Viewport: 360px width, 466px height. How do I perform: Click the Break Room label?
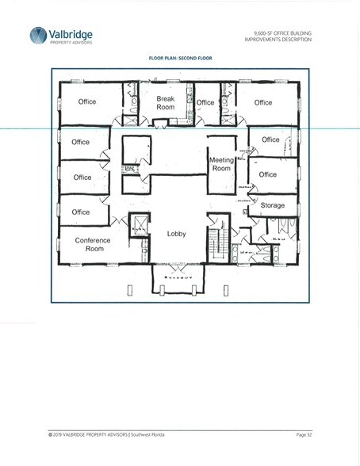point(165,103)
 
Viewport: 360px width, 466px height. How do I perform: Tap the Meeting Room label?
point(221,164)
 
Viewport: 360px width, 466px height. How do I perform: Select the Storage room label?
point(272,205)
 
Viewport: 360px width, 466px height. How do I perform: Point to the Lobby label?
point(176,234)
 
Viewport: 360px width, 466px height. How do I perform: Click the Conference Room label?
point(94,244)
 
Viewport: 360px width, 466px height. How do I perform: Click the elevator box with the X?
point(138,224)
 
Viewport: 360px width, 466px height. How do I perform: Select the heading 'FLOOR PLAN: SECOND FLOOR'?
point(180,58)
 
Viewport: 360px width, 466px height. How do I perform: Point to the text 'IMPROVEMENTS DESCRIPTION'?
point(278,39)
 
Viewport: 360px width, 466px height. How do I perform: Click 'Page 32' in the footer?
point(304,435)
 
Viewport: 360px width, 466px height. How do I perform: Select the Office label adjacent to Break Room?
point(205,102)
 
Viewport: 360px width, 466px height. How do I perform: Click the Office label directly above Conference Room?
point(81,212)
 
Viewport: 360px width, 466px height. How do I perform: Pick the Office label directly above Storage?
point(267,174)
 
